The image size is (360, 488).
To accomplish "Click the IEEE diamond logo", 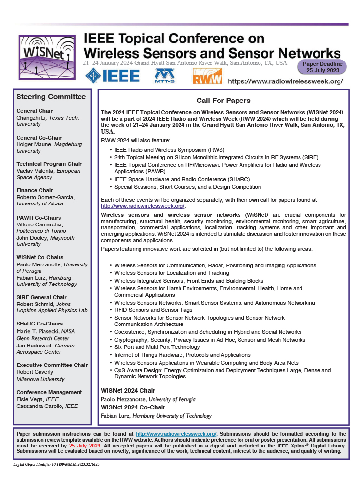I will [113, 76].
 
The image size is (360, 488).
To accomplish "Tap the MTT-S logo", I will [163, 76].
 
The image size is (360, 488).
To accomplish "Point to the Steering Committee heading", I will [51, 97].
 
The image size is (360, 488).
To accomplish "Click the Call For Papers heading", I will [223, 101].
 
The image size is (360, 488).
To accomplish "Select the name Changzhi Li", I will [32, 118].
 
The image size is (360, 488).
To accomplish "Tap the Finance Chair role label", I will [35, 190].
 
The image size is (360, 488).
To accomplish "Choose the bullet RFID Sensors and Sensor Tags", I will [153, 310].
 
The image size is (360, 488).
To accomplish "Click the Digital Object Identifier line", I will [56, 465].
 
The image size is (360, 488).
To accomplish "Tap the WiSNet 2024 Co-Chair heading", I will [133, 407].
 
